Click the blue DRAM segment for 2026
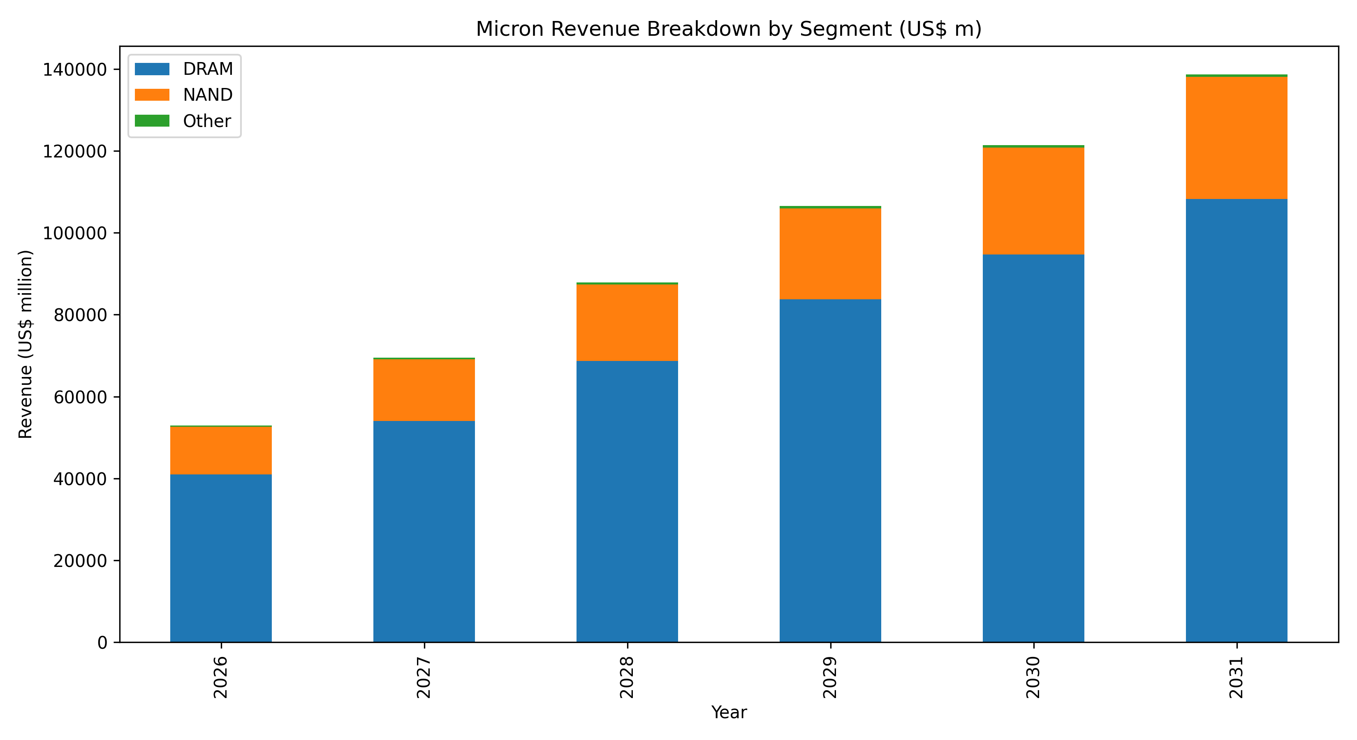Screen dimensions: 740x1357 221,558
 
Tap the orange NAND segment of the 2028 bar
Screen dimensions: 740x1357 627,322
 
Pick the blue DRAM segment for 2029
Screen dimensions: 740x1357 830,470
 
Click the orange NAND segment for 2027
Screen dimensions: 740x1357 424,390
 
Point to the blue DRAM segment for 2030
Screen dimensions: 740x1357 1033,448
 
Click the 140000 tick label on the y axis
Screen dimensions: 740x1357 75,69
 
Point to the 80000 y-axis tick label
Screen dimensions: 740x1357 80,315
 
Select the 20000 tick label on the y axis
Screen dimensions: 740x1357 80,561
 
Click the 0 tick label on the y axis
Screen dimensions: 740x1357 102,643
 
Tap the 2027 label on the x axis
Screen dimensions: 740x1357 424,678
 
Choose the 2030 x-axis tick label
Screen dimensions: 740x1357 1033,678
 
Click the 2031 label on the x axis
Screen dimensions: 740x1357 1237,678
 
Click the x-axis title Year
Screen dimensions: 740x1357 729,712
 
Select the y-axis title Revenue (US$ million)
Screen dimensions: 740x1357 25,344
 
